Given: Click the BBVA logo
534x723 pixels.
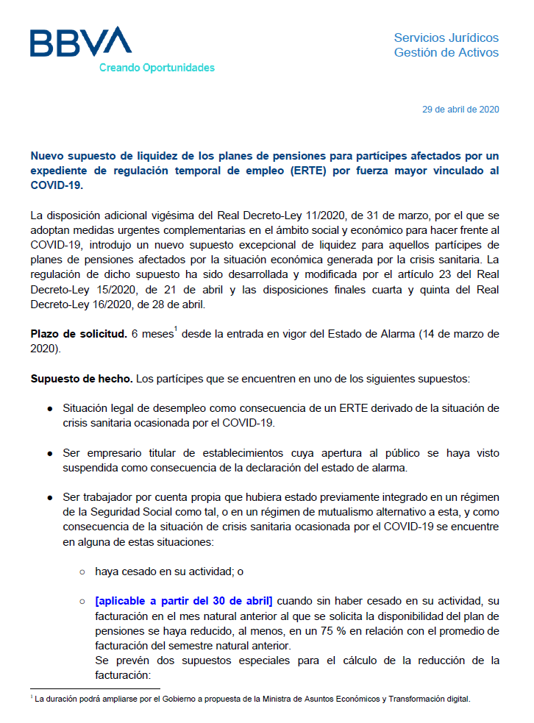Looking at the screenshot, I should point(80,42).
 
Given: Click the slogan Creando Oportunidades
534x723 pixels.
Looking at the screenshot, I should point(157,68).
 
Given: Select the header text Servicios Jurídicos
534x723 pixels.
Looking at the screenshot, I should point(446,38).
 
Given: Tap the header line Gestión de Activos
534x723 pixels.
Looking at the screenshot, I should point(446,52).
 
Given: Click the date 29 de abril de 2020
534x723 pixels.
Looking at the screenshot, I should point(460,110).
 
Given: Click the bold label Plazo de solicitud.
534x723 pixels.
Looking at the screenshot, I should point(79,334).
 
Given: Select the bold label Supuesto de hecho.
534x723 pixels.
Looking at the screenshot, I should point(82,379).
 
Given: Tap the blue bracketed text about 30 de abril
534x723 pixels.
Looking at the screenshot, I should point(184,601).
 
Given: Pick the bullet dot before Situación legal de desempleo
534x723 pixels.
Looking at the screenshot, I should point(49,408).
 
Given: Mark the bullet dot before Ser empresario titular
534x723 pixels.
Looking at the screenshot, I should point(49,453).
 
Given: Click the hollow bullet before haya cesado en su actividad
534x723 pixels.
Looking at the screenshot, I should point(82,571).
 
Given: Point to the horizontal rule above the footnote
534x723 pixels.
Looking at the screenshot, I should point(95,689).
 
